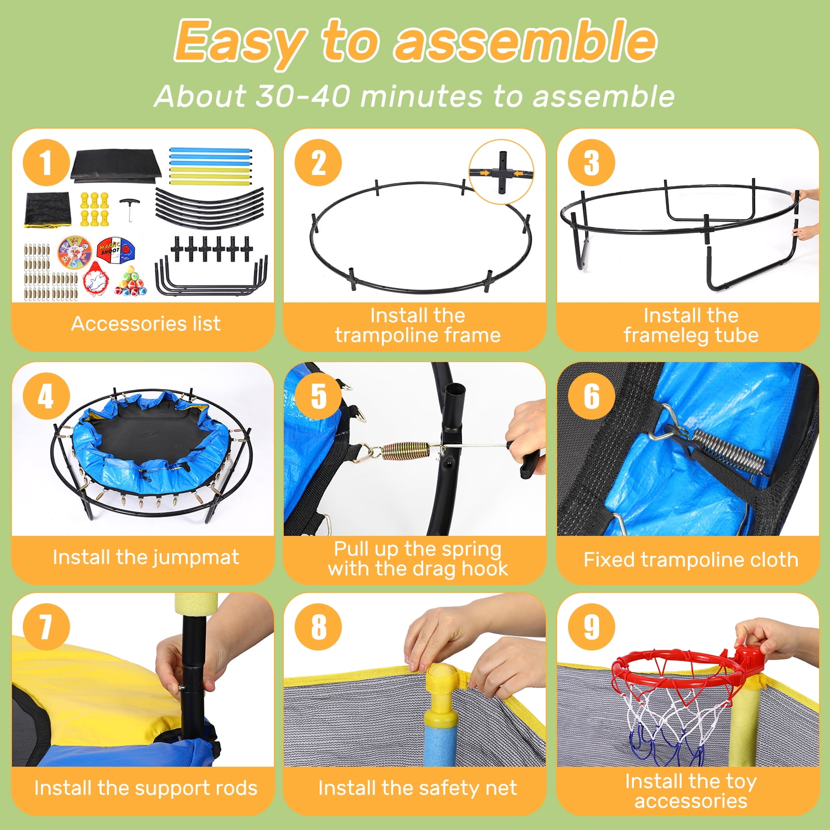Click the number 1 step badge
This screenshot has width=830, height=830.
pyautogui.click(x=46, y=163)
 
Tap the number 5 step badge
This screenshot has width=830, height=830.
pyautogui.click(x=319, y=396)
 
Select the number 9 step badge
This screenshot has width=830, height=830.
pyautogui.click(x=591, y=627)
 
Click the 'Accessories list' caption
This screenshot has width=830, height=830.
pyautogui.click(x=146, y=324)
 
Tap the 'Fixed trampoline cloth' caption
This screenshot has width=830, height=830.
pyautogui.click(x=691, y=560)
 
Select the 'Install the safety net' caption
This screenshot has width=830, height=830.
pyautogui.click(x=418, y=788)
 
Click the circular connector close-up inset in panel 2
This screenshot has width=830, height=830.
pyautogui.click(x=501, y=172)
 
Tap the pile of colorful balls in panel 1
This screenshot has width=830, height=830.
pyautogui.click(x=131, y=283)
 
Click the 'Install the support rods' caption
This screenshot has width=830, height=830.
pyautogui.click(x=146, y=788)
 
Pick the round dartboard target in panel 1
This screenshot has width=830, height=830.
pyautogui.click(x=75, y=252)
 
